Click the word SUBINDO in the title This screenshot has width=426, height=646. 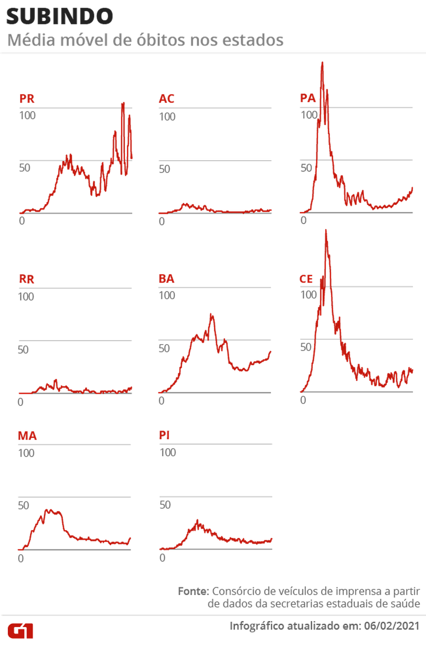tap(59, 16)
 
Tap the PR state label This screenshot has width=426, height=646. tap(27, 99)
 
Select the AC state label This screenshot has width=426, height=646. tap(167, 99)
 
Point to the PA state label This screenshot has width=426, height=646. tap(308, 98)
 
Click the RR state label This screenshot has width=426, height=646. tap(27, 279)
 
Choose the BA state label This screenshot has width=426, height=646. tap(167, 279)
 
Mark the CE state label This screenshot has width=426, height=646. tap(307, 278)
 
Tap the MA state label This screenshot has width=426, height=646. tap(27, 436)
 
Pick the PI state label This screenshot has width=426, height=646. tap(165, 435)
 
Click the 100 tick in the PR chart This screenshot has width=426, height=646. tap(27, 116)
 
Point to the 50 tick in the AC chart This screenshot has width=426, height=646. tap(165, 169)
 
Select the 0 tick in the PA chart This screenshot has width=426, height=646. tap(304, 220)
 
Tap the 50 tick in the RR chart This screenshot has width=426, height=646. tap(23, 349)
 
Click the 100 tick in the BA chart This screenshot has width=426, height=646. tap(167, 295)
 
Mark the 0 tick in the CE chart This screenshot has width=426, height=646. tap(303, 400)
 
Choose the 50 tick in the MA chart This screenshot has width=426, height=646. tap(23, 505)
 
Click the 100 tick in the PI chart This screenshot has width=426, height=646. tap(168, 452)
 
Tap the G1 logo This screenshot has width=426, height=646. tap(20, 630)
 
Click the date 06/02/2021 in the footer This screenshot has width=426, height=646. tap(392, 626)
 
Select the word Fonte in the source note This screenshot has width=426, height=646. tap(193, 590)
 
